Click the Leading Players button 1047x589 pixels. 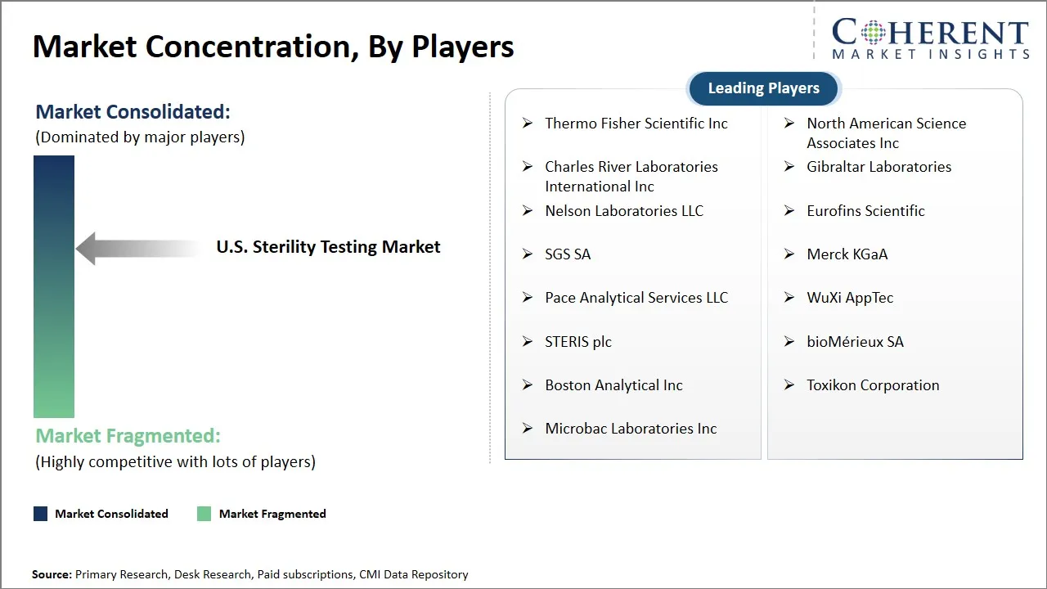(763, 88)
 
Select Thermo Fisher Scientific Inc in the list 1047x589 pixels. (636, 124)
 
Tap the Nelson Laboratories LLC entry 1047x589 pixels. (623, 211)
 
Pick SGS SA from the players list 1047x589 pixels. (568, 254)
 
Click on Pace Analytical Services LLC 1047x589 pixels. (636, 298)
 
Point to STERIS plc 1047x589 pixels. (577, 342)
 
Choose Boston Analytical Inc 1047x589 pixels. (613, 385)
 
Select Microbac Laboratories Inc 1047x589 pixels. (631, 429)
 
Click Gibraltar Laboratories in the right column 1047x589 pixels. (878, 167)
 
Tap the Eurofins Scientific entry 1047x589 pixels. (865, 211)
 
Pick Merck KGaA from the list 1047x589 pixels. (847, 254)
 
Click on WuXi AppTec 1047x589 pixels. (850, 298)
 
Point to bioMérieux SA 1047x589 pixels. (855, 342)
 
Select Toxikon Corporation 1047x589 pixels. (873, 385)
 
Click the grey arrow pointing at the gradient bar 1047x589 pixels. (135, 248)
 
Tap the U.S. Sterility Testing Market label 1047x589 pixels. (328, 247)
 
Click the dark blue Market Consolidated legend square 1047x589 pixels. (40, 514)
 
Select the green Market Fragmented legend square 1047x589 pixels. (204, 514)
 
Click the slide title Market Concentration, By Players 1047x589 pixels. (273, 47)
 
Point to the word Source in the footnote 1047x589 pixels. (52, 574)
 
